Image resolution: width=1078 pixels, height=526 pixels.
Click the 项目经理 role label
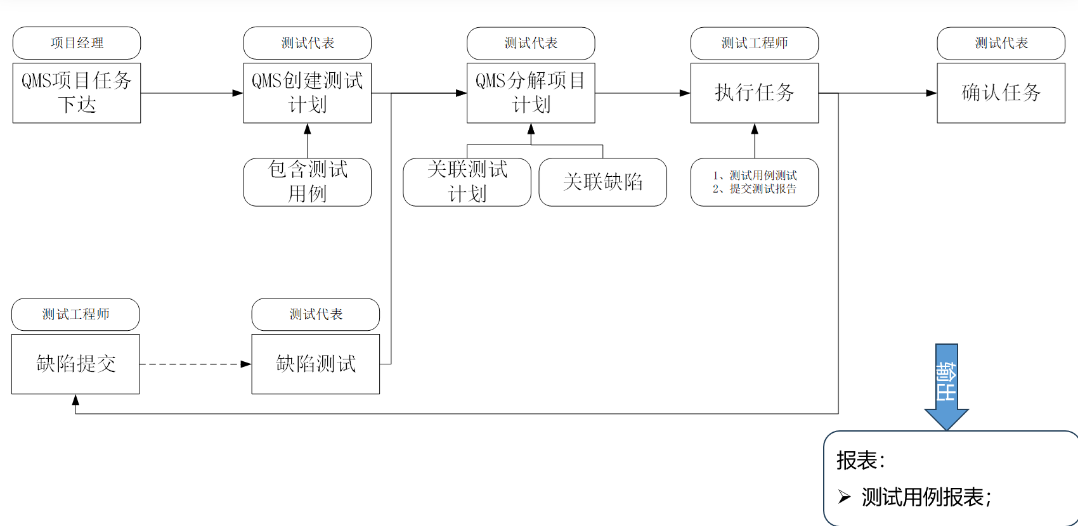(77, 43)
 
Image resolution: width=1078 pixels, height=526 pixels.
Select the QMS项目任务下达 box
(77, 93)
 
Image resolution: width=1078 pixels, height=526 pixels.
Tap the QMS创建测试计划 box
(308, 93)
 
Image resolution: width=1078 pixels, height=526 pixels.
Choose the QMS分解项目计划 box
(531, 93)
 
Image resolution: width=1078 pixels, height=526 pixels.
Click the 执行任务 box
(754, 93)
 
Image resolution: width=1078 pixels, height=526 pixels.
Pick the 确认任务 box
(1001, 93)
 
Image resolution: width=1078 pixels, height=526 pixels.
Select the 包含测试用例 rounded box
(308, 182)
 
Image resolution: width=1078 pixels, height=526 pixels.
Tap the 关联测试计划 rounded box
(467, 182)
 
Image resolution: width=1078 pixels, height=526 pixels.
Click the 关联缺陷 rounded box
(602, 182)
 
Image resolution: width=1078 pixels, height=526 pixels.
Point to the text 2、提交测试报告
(755, 189)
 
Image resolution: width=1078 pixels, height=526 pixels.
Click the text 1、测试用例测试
(755, 176)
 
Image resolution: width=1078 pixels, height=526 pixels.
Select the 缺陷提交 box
(75, 364)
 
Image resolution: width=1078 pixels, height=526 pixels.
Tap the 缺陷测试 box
(316, 364)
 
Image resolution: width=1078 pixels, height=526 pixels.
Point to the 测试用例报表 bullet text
(926, 497)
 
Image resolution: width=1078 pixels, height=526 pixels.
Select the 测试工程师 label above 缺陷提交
(75, 314)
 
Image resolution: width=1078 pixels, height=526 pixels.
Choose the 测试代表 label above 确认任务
(1001, 43)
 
